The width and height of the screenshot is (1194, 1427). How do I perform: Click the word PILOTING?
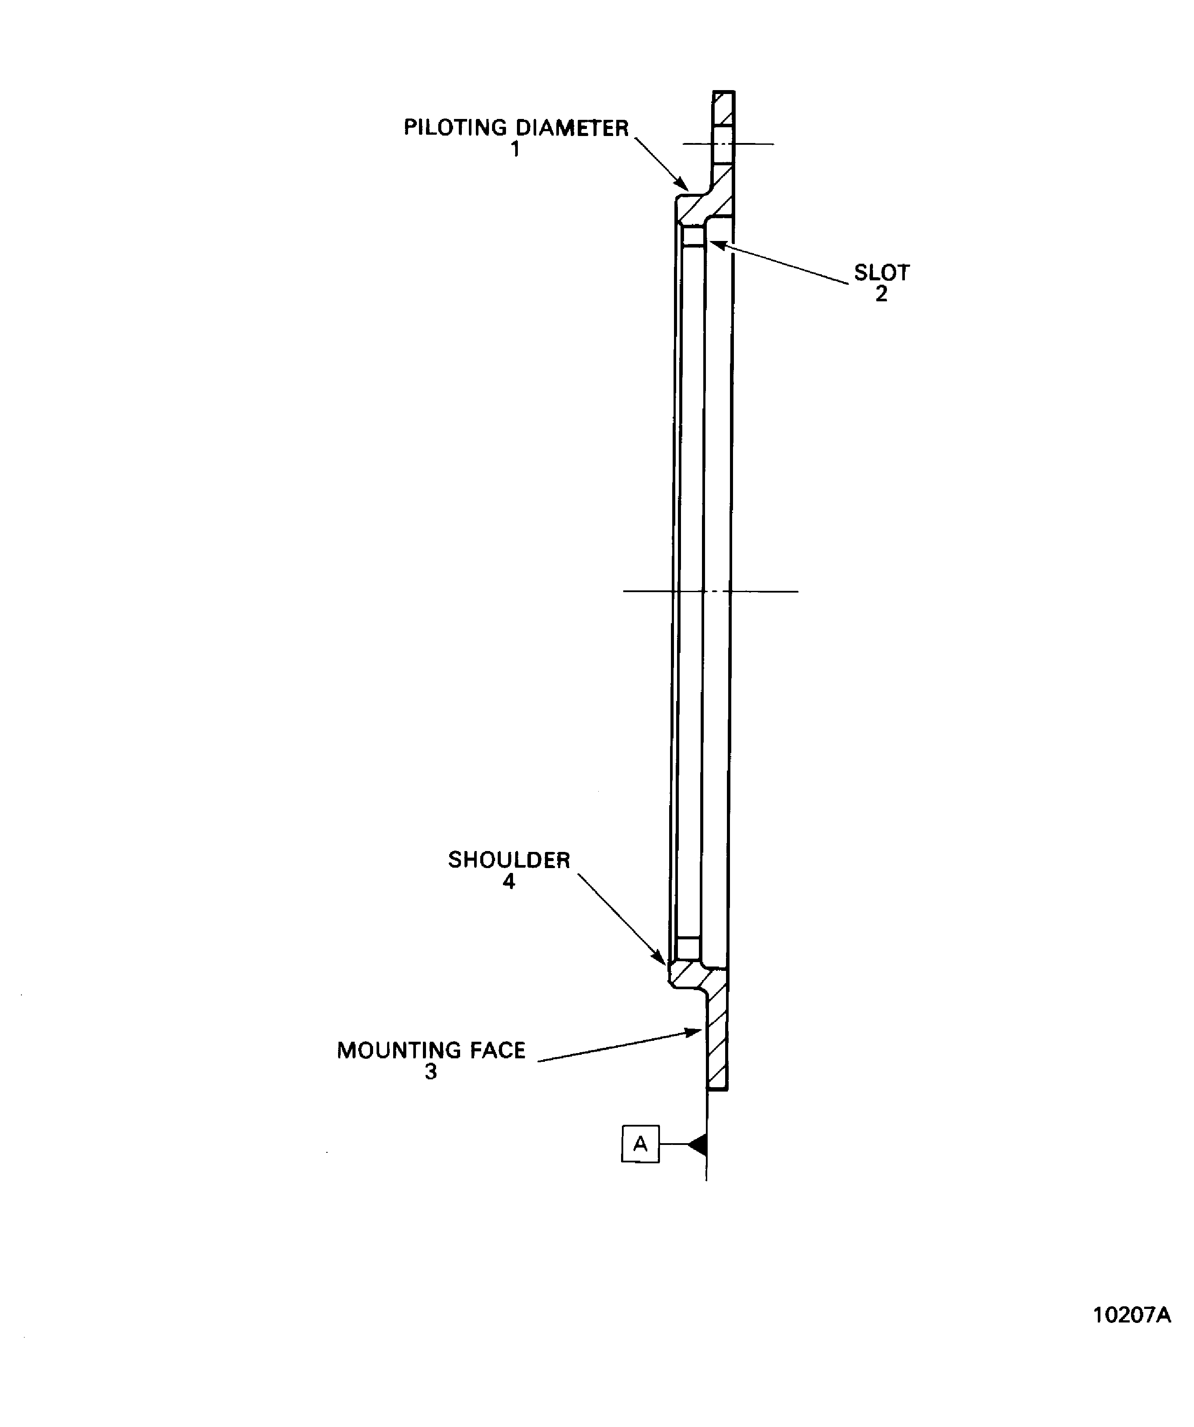pos(455,128)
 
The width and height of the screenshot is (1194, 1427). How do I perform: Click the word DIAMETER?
pos(572,128)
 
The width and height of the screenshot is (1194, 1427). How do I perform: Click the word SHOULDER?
pos(509,860)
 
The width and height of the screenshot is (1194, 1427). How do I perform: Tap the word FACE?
pos(496,1050)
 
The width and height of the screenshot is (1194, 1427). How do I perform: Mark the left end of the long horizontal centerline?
pos(623,591)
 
